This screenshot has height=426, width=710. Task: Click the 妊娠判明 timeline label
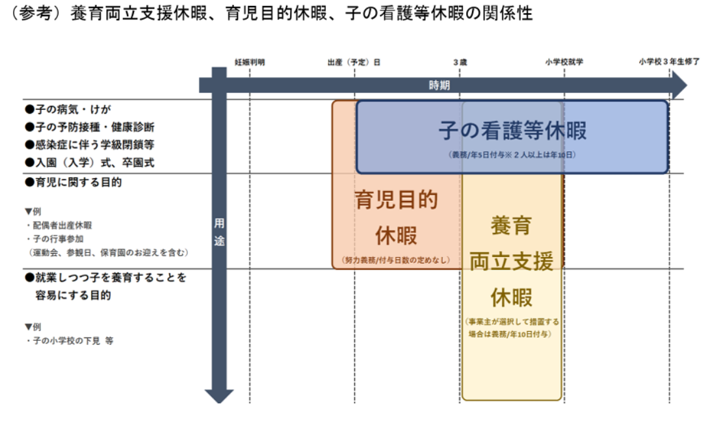pos(250,62)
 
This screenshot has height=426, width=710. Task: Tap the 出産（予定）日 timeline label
pos(354,62)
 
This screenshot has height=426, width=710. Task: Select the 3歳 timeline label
pos(460,62)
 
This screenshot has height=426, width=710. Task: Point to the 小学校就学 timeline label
pos(564,62)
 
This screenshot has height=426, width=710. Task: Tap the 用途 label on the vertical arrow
pos(219,232)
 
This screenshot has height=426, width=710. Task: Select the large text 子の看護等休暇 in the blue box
pos(512,131)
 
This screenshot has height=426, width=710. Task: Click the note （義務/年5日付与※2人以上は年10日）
pos(512,155)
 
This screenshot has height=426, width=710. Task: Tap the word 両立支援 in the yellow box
pos(511,261)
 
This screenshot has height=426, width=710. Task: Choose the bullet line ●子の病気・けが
pos(63,109)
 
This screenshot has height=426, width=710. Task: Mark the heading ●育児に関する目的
pos(73,183)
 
